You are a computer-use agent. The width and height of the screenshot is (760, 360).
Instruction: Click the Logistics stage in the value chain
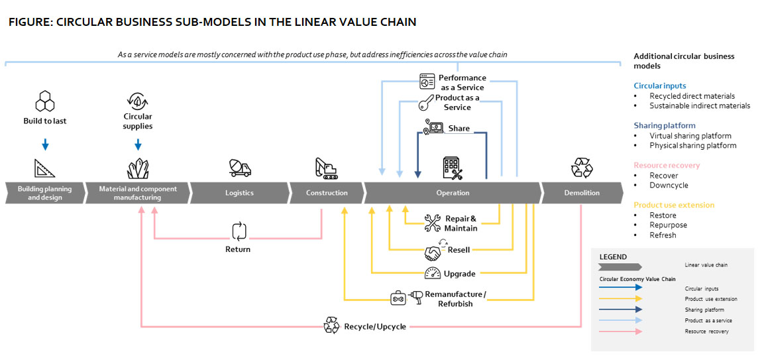[239, 193]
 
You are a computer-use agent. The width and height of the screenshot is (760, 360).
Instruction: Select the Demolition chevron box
[581, 193]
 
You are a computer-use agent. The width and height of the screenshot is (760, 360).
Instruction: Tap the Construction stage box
[327, 193]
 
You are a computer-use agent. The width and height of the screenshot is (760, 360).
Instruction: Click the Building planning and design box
[45, 193]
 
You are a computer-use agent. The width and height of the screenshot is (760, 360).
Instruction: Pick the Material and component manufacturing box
[138, 193]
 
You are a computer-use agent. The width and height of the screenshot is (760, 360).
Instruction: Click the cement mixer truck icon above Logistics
[239, 167]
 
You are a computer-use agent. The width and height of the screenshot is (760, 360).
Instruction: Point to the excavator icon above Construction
[327, 168]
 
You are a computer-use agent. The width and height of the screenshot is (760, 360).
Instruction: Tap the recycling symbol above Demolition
[582, 168]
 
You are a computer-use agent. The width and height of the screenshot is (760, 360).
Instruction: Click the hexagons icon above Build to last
[44, 101]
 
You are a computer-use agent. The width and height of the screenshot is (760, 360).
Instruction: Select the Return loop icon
[239, 231]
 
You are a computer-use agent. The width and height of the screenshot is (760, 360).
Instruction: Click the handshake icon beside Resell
[433, 253]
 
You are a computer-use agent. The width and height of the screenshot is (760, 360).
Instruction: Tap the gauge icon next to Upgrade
[433, 273]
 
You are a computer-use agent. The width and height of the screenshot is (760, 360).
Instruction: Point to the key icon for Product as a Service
[426, 103]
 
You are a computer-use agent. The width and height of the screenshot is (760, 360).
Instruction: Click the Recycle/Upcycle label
[374, 326]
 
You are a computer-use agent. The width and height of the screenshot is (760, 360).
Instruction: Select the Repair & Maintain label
[460, 223]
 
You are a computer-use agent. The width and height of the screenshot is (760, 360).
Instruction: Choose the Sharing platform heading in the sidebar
[665, 125]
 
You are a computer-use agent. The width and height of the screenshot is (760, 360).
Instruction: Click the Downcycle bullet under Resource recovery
[668, 186]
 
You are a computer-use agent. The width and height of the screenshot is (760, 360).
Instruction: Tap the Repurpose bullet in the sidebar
[668, 225]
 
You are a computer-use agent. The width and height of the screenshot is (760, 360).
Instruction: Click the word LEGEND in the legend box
[613, 257]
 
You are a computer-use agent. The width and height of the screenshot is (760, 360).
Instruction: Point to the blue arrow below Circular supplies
[138, 144]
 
